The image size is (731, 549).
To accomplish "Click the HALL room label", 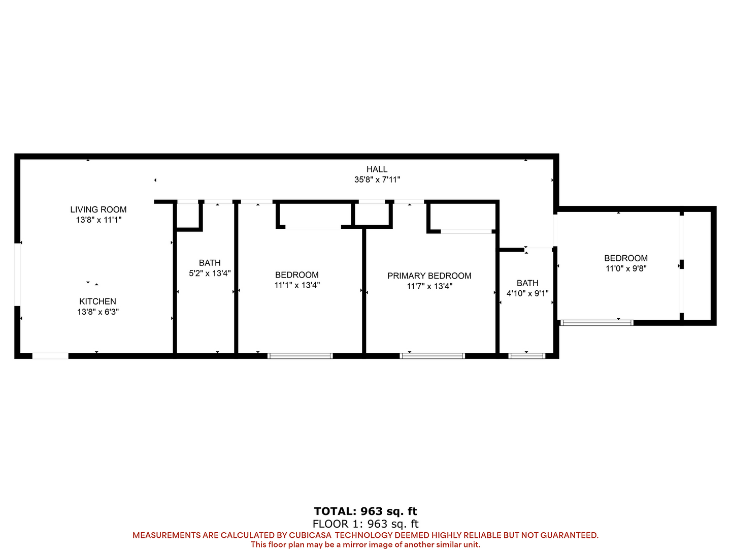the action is click(377, 169).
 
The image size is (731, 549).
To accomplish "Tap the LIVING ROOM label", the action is click(98, 209).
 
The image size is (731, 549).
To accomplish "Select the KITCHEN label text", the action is click(97, 301).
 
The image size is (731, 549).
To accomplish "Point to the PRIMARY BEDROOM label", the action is click(429, 276).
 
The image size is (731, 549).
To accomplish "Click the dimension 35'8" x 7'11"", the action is click(377, 179).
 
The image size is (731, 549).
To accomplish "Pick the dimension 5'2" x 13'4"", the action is click(210, 273).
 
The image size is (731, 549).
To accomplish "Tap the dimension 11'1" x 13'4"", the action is click(297, 285).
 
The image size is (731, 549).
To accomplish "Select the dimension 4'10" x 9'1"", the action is click(527, 294).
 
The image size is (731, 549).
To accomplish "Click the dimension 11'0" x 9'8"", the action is click(626, 269).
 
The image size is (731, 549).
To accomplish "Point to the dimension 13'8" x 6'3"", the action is click(98, 312).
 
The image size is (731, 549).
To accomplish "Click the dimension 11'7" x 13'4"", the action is click(429, 286).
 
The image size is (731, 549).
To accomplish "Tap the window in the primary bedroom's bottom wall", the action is click(433, 356).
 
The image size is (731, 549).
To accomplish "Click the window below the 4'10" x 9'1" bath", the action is click(527, 356).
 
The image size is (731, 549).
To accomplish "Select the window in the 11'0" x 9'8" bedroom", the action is click(597, 323).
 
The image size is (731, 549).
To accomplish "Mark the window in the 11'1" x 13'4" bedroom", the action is click(300, 356).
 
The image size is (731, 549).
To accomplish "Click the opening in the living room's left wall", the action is click(17, 274).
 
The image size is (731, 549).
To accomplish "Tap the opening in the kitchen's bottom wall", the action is click(50, 356).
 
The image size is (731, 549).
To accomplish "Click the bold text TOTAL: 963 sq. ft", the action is click(365, 511).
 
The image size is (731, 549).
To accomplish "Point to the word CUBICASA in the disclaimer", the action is click(310, 535).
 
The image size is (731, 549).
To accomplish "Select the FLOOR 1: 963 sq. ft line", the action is click(365, 524).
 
